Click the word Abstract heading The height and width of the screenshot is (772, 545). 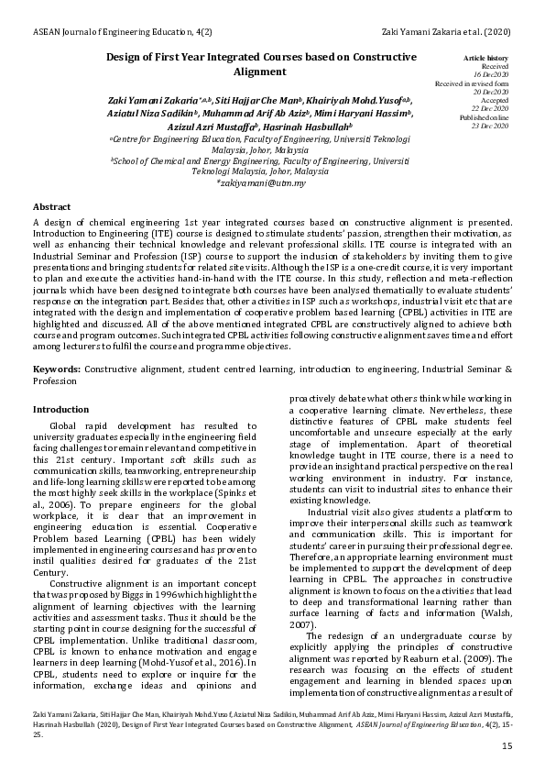(x=52, y=206)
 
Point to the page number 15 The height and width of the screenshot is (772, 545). (x=507, y=747)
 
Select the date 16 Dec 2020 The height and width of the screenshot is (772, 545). (x=494, y=74)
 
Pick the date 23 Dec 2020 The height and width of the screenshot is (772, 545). (x=494, y=126)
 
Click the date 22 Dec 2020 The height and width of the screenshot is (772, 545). (x=494, y=109)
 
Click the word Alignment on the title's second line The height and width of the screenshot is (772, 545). (x=261, y=72)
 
